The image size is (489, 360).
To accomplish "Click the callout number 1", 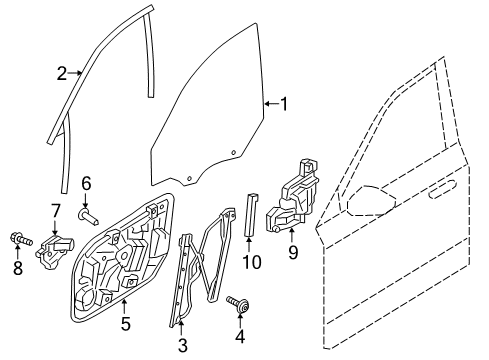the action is click(x=284, y=104).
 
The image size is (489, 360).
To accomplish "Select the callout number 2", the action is click(x=62, y=73).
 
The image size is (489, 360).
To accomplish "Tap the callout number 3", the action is click(x=183, y=345).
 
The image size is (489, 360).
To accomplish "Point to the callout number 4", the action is click(x=240, y=336).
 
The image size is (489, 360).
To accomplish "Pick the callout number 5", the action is click(x=125, y=323).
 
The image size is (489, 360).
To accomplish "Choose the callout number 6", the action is click(x=86, y=184).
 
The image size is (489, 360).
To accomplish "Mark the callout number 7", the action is click(x=56, y=211).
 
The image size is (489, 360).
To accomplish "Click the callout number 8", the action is click(x=18, y=268).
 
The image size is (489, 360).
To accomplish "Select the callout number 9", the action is click(x=293, y=252).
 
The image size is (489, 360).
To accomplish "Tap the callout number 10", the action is click(x=252, y=262).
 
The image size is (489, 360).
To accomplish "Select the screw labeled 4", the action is click(x=238, y=304).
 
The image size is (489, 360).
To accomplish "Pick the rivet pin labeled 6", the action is click(x=88, y=216).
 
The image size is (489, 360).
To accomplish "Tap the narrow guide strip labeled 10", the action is click(x=252, y=214).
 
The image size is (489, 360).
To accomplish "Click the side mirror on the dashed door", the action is click(x=371, y=201).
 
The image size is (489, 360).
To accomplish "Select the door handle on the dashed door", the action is click(x=441, y=189).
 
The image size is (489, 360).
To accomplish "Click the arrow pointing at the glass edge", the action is click(x=272, y=104).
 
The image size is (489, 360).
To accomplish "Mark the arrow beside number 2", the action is click(x=75, y=72).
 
